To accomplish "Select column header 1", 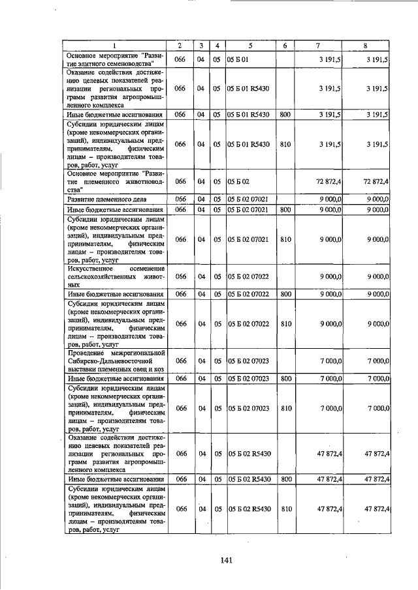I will [x=114, y=45].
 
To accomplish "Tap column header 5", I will [x=249, y=45].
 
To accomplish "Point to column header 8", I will [x=365, y=45].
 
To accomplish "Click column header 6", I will [x=285, y=45].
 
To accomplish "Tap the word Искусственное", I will [x=91, y=269].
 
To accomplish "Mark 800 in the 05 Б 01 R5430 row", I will [x=285, y=114].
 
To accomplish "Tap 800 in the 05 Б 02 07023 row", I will [x=285, y=379].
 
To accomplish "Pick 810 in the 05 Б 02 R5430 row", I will [x=285, y=509].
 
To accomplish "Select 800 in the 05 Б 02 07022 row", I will [x=285, y=294].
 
